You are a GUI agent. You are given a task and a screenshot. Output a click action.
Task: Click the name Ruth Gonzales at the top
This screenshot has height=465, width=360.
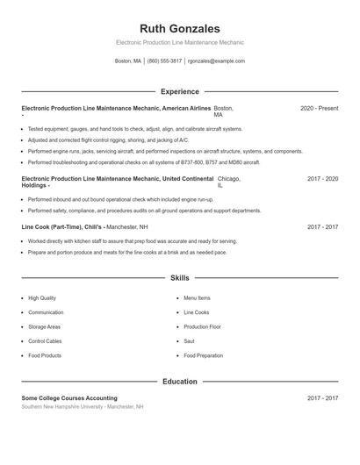179,28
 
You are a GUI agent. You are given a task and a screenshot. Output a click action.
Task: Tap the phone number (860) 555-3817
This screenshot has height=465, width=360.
164,61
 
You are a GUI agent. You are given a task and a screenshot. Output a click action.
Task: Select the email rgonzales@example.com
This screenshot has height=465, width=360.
218,61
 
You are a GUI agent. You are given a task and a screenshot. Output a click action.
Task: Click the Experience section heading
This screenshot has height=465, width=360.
179,91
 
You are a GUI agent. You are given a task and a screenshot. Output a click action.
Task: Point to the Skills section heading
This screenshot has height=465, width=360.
179,278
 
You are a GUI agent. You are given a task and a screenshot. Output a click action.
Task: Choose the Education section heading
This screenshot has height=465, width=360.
179,382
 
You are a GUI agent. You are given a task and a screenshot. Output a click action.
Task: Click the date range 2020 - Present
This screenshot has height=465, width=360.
319,108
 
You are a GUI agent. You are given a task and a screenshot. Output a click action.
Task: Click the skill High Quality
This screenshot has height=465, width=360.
42,298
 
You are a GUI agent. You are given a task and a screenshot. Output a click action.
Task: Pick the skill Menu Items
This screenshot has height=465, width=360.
197,298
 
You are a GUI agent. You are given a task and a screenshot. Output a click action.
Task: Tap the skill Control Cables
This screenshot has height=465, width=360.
46,341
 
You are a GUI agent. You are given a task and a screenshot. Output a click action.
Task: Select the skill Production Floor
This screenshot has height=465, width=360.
202,326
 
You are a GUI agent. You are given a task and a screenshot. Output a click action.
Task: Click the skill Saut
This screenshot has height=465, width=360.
190,341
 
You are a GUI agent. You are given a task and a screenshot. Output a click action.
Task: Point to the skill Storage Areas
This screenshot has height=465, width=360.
44,326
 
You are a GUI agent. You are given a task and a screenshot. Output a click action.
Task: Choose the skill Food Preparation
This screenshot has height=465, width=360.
203,355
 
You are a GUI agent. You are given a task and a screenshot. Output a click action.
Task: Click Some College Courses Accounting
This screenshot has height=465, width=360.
69,398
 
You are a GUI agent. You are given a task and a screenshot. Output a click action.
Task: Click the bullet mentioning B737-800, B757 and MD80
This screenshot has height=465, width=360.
144,162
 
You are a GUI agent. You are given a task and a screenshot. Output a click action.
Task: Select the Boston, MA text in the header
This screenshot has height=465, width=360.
128,61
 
